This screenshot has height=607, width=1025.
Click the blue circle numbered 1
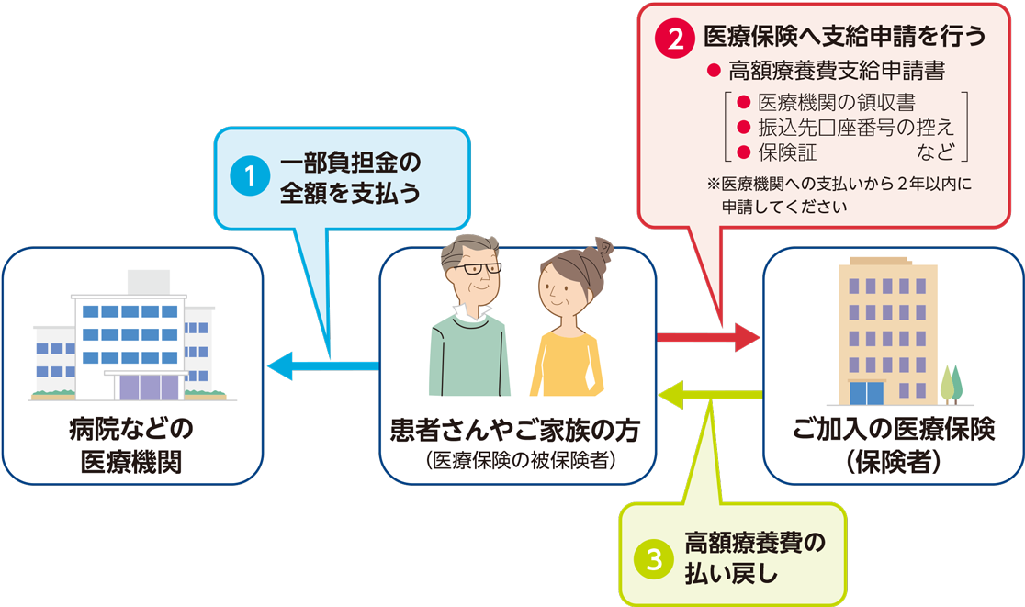pos(246,178)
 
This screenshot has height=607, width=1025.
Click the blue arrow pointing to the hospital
pos(321,366)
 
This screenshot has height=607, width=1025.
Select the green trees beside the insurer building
pos(951,384)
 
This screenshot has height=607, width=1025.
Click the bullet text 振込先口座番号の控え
pos(854,128)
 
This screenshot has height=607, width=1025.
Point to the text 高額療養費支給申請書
pos(836,71)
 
